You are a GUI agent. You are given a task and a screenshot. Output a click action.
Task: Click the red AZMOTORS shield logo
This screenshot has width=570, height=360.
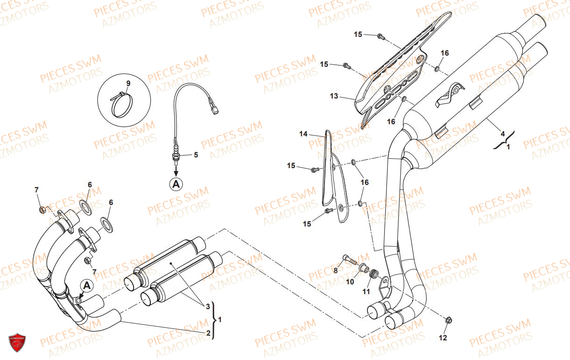coord(17,342)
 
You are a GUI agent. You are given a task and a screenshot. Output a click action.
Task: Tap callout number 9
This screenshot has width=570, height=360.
coord(128,83)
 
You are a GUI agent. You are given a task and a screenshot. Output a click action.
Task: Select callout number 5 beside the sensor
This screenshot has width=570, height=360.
coord(196,155)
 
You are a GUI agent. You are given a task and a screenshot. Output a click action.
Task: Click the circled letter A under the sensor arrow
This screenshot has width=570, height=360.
coord(176,184)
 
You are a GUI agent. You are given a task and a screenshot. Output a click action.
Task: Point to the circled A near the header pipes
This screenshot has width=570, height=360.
coord(87,286)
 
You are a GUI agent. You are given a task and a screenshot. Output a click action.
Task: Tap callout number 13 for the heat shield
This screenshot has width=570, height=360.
coord(334,96)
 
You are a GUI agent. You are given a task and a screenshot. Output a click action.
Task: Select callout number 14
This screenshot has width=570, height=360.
coord(303,134)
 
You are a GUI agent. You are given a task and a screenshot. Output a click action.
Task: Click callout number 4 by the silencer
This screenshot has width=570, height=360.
coord(503,134)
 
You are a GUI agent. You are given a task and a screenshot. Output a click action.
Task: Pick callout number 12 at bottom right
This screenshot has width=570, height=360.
coord(443,338)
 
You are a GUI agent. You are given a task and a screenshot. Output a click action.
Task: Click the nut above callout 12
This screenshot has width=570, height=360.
coord(449,320)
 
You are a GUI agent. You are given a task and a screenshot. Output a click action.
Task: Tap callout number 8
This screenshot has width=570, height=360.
coord(336,271)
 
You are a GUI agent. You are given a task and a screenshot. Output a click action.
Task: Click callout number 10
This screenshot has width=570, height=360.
coord(350,282)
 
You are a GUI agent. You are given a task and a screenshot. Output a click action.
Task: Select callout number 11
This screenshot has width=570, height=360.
coord(366,291)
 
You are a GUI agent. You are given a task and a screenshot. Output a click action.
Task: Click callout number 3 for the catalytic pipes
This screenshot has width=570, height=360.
coord(208,306)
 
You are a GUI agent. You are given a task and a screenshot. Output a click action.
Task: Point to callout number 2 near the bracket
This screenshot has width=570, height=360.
coord(208,333)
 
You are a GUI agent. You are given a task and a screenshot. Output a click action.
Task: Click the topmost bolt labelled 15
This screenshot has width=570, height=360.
coord(380,36)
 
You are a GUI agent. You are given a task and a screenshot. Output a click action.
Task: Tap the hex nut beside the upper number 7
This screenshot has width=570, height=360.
coord(42,210)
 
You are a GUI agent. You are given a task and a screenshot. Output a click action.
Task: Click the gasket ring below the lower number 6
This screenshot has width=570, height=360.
coord(107,225)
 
